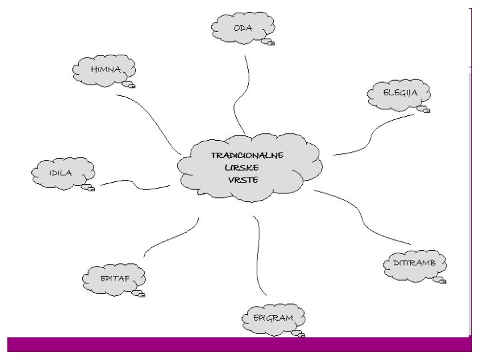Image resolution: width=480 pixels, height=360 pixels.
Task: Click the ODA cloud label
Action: point(243,28)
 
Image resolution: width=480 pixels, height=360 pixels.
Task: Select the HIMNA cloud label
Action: point(105,69)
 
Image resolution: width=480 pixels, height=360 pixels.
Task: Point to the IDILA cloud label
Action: point(61,173)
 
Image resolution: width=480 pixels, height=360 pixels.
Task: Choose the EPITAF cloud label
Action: point(115,278)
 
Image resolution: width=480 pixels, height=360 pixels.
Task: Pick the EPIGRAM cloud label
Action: point(273,318)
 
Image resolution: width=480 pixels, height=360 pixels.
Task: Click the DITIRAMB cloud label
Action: point(414,263)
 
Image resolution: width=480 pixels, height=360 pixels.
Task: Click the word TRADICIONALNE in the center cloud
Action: point(247,155)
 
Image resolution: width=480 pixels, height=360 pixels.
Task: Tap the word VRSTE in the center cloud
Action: point(243,179)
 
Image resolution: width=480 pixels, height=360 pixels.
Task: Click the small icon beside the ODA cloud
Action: point(268,42)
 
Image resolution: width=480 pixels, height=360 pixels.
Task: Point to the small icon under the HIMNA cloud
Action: point(129,85)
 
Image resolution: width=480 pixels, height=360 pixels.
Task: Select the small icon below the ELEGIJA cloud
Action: point(423,109)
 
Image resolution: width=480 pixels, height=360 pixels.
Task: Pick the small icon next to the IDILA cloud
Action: point(88,187)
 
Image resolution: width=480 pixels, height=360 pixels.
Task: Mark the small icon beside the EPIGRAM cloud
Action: point(297,333)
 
